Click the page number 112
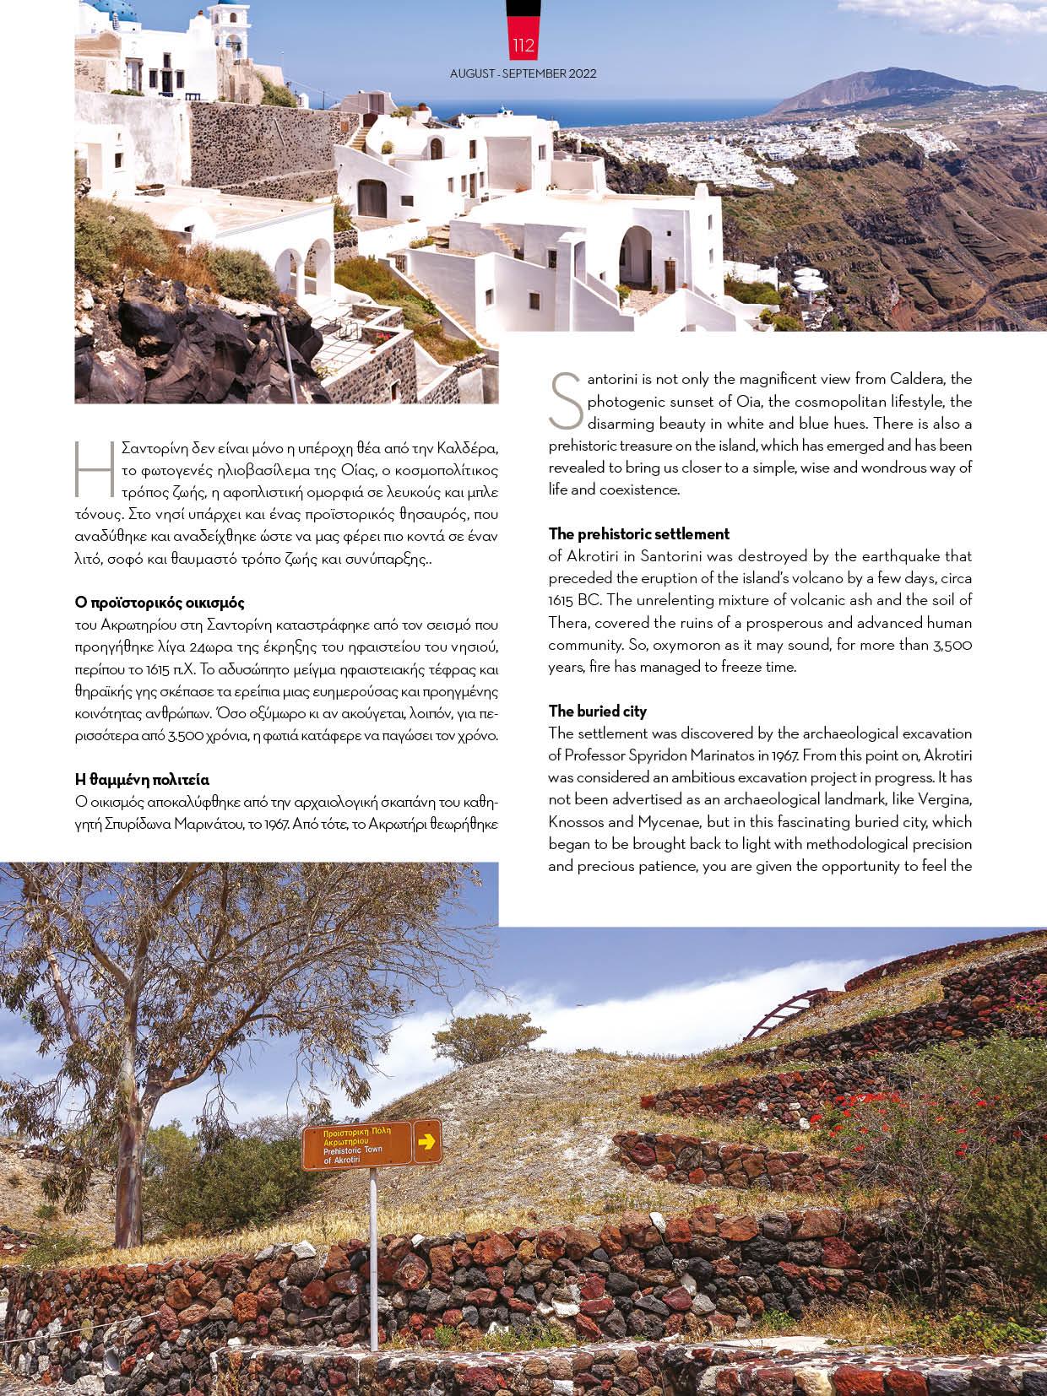coord(523,46)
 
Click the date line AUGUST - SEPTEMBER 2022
coord(523,73)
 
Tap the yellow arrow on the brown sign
coord(427,1142)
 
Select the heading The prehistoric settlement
coord(638,534)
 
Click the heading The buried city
coord(598,711)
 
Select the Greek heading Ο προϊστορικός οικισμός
coord(160,603)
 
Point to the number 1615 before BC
coord(562,601)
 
